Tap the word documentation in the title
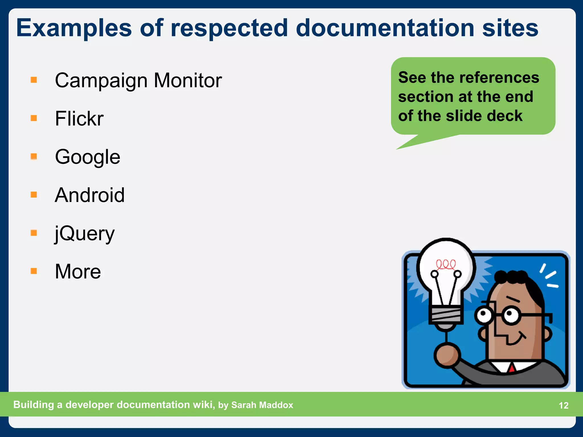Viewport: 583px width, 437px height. (385, 28)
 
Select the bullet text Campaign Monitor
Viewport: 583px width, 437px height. (138, 81)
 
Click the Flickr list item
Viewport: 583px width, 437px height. (79, 119)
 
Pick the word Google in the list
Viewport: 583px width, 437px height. (88, 157)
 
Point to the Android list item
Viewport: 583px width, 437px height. (90, 195)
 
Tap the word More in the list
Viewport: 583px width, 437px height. (78, 272)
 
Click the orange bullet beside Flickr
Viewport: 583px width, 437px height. (34, 118)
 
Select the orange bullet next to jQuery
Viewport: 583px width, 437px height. (34, 233)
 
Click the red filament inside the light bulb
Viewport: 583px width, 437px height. (446, 264)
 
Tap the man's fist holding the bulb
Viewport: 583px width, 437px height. (447, 356)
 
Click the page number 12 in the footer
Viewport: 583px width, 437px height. (563, 405)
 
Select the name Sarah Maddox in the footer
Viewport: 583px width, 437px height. (262, 405)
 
